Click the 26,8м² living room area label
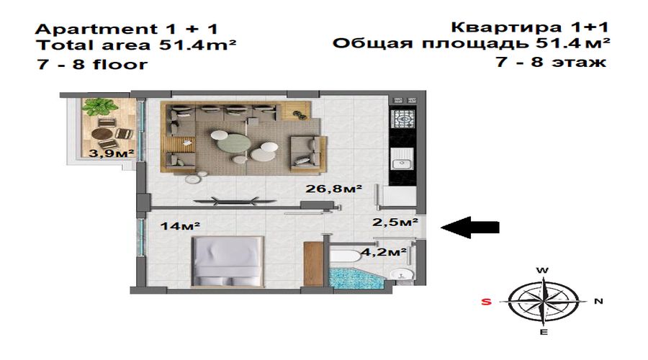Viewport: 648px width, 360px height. coord(333,189)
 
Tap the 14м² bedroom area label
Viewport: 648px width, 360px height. coord(180,226)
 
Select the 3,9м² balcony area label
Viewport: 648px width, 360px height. coord(112,153)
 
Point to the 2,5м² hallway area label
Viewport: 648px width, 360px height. coord(395,222)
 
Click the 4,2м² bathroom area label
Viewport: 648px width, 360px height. coord(384,251)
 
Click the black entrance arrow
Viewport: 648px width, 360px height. coord(470,228)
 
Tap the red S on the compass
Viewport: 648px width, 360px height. coord(487,302)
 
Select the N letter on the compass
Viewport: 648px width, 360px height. coord(598,301)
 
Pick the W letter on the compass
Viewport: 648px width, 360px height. coord(543,271)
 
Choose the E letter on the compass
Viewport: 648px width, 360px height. coord(544,332)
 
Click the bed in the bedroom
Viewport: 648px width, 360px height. coord(228,261)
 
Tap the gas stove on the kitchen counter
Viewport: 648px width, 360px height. coord(402,119)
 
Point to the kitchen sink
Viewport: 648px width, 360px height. coord(402,159)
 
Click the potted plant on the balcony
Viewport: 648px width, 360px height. coord(99,107)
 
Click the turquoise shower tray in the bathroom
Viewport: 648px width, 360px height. coord(356,277)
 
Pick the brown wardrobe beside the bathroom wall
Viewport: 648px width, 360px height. coord(313,264)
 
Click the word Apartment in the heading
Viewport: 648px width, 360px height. coord(96,30)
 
